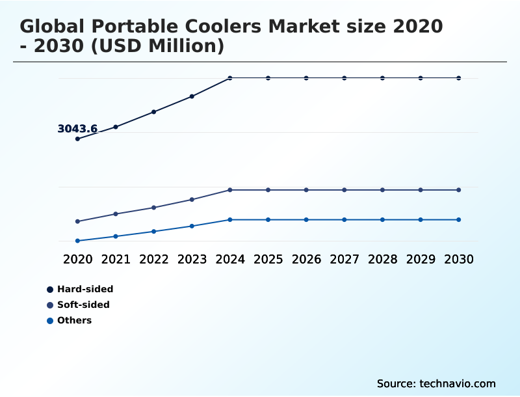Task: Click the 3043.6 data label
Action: [x=77, y=129]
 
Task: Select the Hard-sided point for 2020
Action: [x=77, y=139]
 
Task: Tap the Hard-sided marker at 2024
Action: [x=230, y=78]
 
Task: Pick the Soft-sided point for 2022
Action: [x=154, y=208]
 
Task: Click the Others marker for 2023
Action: [x=192, y=226]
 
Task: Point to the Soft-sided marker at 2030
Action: [x=459, y=190]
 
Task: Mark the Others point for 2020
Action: [x=77, y=241]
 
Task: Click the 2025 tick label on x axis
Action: [x=268, y=259]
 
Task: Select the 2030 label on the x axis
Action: [x=459, y=259]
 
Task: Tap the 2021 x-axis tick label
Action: [x=116, y=259]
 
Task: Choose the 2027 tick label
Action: [x=344, y=259]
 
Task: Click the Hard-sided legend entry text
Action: [x=85, y=289]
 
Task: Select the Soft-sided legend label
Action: [x=83, y=305]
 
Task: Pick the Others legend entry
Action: [x=74, y=320]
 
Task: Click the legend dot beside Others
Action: [x=50, y=320]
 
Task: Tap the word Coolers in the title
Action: [x=218, y=27]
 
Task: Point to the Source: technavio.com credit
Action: [x=436, y=383]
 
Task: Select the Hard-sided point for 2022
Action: [x=154, y=112]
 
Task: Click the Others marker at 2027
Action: [x=344, y=219]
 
